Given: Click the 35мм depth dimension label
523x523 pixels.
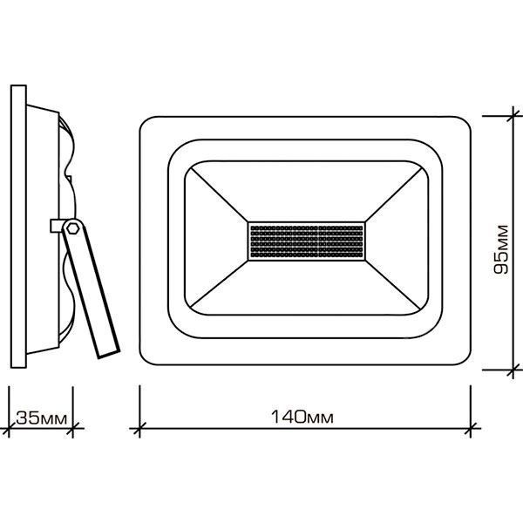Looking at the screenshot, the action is (x=41, y=418).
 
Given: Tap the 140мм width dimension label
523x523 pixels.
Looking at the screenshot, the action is (x=302, y=417).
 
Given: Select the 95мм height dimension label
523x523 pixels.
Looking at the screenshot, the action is (x=501, y=250).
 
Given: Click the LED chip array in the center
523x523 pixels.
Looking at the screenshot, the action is (x=307, y=241).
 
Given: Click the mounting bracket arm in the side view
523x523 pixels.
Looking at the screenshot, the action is (x=91, y=289).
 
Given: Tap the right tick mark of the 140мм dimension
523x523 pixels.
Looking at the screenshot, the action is (x=471, y=428).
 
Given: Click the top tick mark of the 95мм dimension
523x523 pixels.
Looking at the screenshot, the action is (x=513, y=116).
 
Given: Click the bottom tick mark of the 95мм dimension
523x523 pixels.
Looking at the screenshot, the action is (x=513, y=370).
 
